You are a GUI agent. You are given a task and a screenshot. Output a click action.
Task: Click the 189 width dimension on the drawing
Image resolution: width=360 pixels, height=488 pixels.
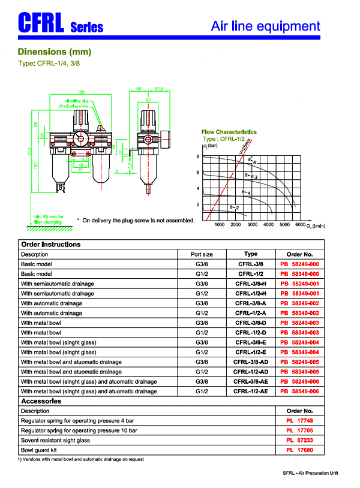click(x=81, y=92)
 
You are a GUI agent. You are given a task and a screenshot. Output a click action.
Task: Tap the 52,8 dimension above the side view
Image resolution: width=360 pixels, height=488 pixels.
click(x=159, y=89)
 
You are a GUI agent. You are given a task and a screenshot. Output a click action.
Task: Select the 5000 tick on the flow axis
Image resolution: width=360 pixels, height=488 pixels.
click(x=284, y=225)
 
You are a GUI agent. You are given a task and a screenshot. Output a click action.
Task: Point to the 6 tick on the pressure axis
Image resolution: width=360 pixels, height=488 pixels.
click(x=197, y=173)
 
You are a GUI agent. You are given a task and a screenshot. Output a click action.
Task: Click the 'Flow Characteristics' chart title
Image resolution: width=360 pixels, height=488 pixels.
click(x=229, y=132)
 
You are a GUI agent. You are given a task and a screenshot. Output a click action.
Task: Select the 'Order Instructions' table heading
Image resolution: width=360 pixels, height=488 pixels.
click(x=50, y=245)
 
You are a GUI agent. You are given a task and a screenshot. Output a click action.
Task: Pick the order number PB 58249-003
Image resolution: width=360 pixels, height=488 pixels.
click(x=299, y=323)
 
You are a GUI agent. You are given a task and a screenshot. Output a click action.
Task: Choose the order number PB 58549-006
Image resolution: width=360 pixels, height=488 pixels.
click(x=299, y=391)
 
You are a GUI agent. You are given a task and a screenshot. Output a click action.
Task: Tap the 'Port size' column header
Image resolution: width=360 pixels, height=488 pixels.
click(x=202, y=254)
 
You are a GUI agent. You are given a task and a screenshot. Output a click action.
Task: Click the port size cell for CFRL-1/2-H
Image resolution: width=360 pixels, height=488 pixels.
click(x=202, y=293)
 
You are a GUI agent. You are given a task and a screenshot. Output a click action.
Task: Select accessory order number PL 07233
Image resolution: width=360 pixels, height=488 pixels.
click(x=299, y=440)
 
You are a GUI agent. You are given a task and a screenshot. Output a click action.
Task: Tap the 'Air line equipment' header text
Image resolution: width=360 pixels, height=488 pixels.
click(x=266, y=26)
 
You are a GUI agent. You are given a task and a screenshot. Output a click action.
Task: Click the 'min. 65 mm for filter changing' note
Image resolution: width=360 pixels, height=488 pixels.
click(x=50, y=219)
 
